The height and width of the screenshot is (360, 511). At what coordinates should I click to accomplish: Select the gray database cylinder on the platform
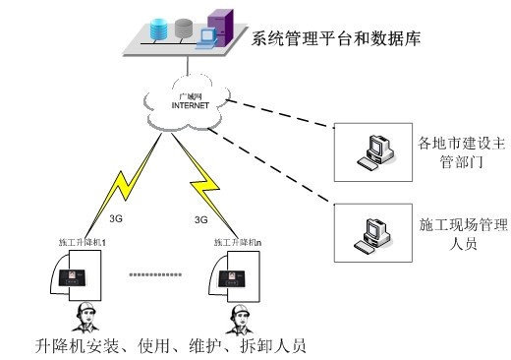[183, 29]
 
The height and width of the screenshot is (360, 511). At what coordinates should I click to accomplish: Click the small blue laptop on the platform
[206, 39]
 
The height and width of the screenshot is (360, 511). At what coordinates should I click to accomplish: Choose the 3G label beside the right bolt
[201, 219]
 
